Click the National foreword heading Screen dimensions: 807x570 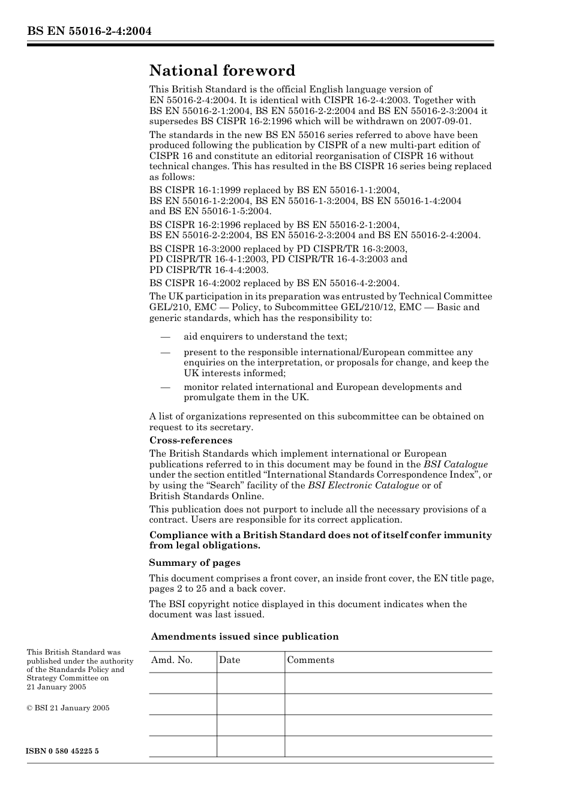point(222,71)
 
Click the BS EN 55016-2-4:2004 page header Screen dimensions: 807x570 point(88,31)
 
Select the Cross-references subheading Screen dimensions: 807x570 point(190,440)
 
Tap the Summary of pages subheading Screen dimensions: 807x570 point(194,563)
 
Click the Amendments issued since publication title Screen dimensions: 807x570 point(245,637)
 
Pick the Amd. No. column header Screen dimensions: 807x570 point(172,660)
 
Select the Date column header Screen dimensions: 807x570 point(229,660)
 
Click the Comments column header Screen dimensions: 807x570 point(310,660)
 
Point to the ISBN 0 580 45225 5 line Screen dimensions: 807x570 point(62,751)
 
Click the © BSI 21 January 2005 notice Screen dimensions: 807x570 point(68,708)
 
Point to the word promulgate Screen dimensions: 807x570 point(210,397)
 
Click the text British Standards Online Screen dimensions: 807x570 point(206,496)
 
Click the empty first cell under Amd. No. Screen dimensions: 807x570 point(182,683)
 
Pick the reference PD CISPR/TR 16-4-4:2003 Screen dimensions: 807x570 point(208,270)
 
